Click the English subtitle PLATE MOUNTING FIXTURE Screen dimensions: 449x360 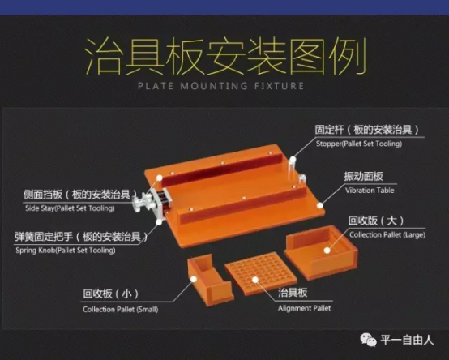pos(220,86)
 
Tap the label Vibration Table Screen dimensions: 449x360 pos(370,191)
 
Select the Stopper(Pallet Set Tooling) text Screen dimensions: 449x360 pos(359,144)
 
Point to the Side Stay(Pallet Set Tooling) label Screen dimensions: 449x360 pos(70,208)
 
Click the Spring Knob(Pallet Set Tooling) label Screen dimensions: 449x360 pos(66,251)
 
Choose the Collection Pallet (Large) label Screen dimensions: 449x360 pos(387,235)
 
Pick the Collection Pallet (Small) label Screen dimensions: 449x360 pos(120,309)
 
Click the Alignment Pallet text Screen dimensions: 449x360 pos(304,308)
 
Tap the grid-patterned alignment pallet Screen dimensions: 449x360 pos(261,273)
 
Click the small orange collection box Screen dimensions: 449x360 pos(209,280)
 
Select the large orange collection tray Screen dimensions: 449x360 pos(321,252)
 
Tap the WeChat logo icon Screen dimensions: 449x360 pos(368,340)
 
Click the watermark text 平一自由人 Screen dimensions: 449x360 pos(407,340)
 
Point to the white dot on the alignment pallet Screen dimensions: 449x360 pos(255,279)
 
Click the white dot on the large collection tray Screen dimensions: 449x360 pos(327,251)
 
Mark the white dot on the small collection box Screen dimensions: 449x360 pos(194,279)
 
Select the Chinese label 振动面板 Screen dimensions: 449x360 pos(363,176)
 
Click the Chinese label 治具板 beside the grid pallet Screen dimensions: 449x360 pos(293,293)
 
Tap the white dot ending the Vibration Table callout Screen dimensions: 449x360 pos(320,205)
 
